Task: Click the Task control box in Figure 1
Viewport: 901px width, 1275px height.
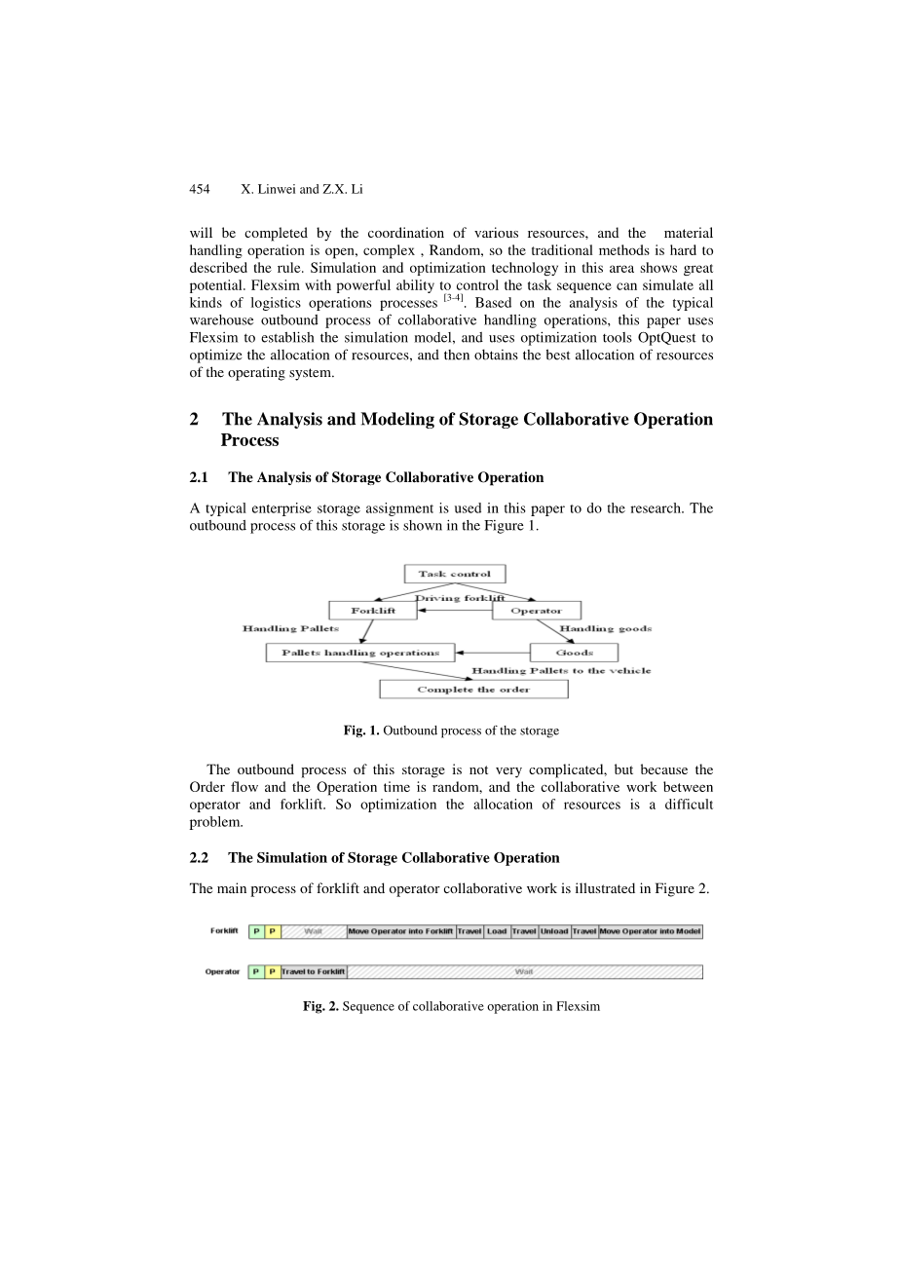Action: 454,574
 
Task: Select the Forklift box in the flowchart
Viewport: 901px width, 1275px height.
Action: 372,611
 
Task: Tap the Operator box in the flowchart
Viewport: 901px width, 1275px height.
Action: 536,611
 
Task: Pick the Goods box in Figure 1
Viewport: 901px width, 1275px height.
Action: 574,653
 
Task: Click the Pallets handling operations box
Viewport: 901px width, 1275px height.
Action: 359,653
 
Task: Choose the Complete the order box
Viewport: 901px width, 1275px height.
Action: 473,690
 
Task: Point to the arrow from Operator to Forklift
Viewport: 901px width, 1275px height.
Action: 454,611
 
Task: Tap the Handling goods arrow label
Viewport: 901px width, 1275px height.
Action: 605,629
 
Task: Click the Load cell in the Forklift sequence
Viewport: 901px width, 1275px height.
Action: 497,931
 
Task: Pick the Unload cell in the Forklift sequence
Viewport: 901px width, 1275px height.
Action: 554,931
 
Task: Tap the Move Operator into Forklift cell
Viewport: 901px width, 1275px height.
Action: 400,931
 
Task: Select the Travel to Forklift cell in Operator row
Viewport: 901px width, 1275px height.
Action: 314,972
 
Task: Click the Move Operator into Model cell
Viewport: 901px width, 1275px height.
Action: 650,931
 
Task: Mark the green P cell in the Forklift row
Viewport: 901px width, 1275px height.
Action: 256,931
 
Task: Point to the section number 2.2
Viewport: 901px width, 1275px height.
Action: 200,858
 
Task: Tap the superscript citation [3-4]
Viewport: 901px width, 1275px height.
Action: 453,297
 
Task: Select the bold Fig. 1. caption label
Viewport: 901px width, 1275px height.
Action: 361,731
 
